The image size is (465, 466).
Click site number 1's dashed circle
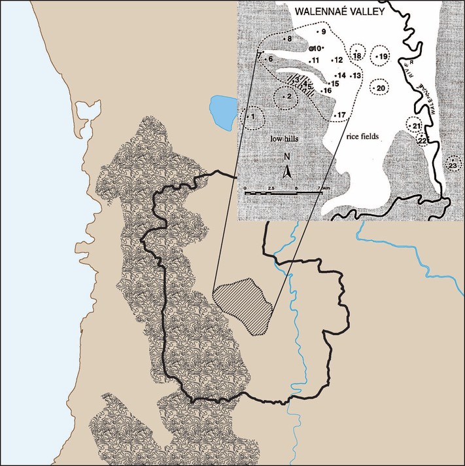(x=251, y=118)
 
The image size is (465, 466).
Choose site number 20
(x=379, y=87)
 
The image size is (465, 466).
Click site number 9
(x=320, y=31)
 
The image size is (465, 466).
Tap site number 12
(x=336, y=60)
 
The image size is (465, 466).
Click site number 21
(x=416, y=124)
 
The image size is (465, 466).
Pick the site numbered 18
(x=357, y=56)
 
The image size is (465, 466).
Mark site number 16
(x=326, y=90)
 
